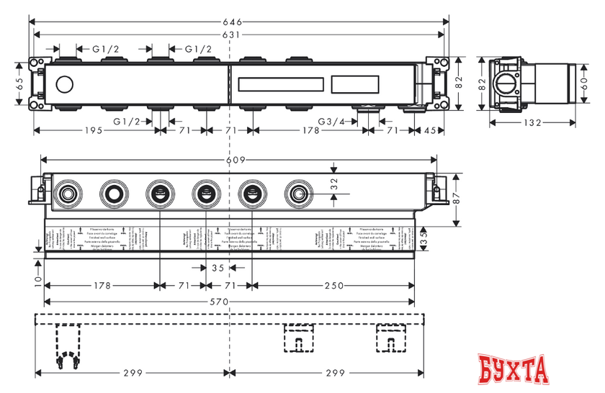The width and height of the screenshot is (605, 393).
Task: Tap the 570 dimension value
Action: [229, 302]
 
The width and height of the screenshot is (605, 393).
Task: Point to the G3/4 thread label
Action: [333, 122]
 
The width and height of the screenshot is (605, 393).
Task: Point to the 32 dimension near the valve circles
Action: [332, 184]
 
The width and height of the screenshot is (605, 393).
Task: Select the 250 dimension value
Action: [333, 286]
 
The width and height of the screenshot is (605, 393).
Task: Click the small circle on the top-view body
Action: [63, 85]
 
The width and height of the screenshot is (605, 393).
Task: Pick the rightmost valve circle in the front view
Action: [297, 194]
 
